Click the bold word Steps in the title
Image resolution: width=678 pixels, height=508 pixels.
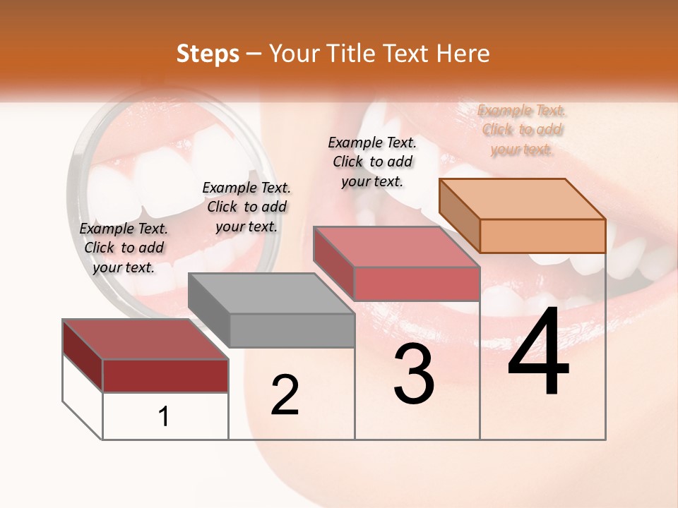click(208, 54)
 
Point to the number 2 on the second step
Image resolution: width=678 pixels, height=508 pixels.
click(285, 395)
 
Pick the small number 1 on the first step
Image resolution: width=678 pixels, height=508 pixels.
click(164, 417)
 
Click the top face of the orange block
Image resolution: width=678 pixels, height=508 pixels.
click(522, 198)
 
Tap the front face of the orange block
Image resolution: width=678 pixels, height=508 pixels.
click(542, 236)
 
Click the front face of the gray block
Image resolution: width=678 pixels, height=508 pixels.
click(292, 330)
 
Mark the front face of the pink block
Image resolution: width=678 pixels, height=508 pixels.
click(417, 284)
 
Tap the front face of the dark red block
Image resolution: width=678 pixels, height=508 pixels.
click(165, 375)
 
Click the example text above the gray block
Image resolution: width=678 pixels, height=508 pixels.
click(246, 207)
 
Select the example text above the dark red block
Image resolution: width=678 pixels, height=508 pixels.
click(124, 248)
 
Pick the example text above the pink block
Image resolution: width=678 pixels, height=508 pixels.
click(372, 162)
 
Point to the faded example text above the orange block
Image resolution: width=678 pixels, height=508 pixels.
click(522, 130)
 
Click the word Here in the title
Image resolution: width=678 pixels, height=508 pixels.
click(464, 54)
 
